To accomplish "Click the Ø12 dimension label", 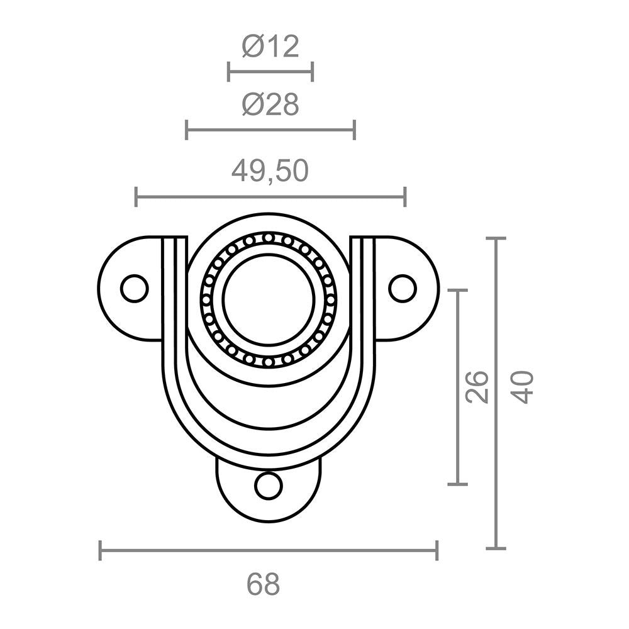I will pyautogui.click(x=270, y=47).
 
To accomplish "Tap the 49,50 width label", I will pyautogui.click(x=270, y=170).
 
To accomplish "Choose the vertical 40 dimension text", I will pyautogui.click(x=523, y=387).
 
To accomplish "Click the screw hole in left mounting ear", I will pyautogui.click(x=134, y=289).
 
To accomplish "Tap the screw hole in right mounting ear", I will pyautogui.click(x=403, y=288).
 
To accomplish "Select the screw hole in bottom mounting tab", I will pyautogui.click(x=269, y=486).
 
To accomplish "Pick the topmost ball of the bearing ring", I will pyautogui.click(x=269, y=238).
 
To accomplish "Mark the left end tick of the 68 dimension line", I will pyautogui.click(x=100, y=550).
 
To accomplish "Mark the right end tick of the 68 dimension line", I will pyautogui.click(x=437, y=550).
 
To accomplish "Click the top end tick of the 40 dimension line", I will pyautogui.click(x=496, y=238).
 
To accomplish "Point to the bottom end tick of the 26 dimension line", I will pyautogui.click(x=457, y=484).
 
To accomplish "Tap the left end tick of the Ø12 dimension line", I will pyautogui.click(x=228, y=72).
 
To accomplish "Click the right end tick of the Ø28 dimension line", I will pyautogui.click(x=355, y=130).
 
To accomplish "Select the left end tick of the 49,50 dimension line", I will pyautogui.click(x=136, y=197).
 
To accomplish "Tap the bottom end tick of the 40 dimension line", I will pyautogui.click(x=496, y=548).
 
